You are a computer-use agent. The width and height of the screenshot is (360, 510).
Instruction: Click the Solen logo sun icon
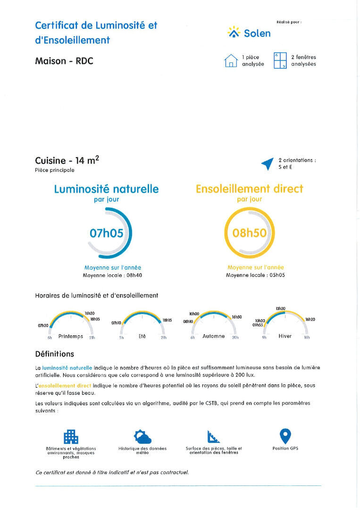pyautogui.click(x=234, y=32)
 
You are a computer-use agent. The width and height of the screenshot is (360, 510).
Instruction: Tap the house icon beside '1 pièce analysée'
pyautogui.click(x=231, y=60)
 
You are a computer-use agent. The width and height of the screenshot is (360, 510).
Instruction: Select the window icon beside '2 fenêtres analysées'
pyautogui.click(x=280, y=60)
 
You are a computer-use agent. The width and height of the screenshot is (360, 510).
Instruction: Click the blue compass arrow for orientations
pyautogui.click(x=268, y=163)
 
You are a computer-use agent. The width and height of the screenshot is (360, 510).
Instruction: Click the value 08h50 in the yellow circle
pyautogui.click(x=250, y=233)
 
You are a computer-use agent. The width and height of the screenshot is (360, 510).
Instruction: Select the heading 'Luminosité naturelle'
pyautogui.click(x=106, y=189)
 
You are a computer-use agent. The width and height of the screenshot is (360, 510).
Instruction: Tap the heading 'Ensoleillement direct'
pyautogui.click(x=249, y=189)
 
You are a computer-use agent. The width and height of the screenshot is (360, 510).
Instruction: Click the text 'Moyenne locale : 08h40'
pyautogui.click(x=106, y=275)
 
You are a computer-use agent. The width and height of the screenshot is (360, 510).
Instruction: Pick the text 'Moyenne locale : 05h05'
pyautogui.click(x=255, y=275)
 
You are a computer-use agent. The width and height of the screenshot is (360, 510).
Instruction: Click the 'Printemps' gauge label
pyautogui.click(x=70, y=337)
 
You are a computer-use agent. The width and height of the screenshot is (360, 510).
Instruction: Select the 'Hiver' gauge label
pyautogui.click(x=285, y=336)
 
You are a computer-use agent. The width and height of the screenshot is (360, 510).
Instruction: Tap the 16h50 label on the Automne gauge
pyautogui.click(x=237, y=317)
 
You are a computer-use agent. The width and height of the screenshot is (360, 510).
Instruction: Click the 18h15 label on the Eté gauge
pyautogui.click(x=167, y=320)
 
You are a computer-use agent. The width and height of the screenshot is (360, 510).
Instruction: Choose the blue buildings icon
pyautogui.click(x=71, y=436)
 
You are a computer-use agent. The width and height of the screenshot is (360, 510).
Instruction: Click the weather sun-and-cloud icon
pyautogui.click(x=142, y=436)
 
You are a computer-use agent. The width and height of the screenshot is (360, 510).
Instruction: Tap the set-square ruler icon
pyautogui.click(x=213, y=436)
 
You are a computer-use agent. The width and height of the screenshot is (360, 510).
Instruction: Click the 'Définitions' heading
pyautogui.click(x=54, y=354)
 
